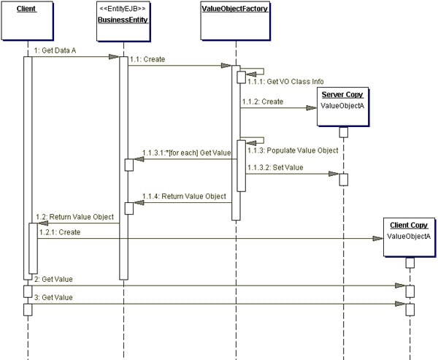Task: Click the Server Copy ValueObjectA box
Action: (342, 106)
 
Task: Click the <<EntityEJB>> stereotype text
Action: (123, 8)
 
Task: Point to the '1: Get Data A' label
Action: (55, 49)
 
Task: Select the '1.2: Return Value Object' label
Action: (74, 217)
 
